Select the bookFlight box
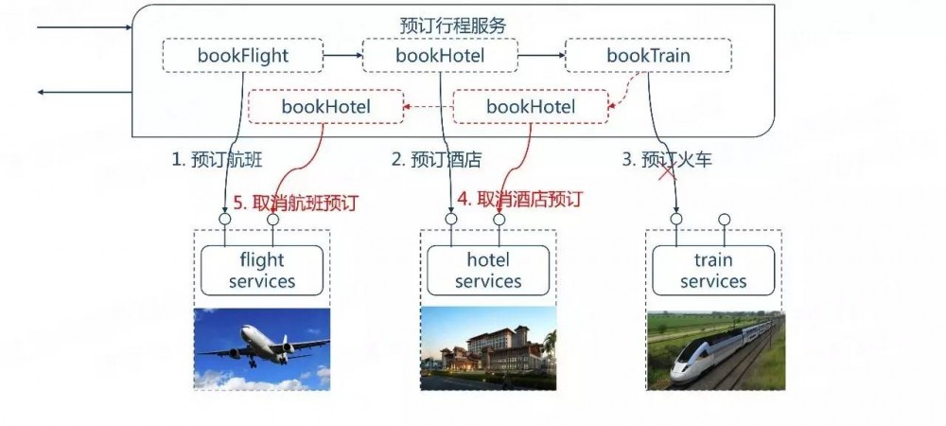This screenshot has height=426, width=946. tap(243, 56)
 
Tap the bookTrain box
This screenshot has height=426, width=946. tap(648, 56)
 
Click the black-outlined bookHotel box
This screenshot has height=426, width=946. tap(440, 56)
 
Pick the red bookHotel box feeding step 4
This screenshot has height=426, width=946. tap(530, 107)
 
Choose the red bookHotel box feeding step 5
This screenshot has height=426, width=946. tap(325, 107)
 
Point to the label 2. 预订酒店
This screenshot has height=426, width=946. tap(436, 160)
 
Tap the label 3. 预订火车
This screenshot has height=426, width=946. tap(666, 160)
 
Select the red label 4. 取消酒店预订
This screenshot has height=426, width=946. tap(519, 199)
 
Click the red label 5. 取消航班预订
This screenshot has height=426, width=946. tap(296, 202)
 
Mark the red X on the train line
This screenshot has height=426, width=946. tap(669, 172)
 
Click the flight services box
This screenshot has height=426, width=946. tap(262, 270)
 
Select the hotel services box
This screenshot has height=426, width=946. tap(488, 270)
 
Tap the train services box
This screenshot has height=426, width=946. tap(713, 270)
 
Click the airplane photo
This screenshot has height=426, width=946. tap(262, 349)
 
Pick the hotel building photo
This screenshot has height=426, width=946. tap(488, 349)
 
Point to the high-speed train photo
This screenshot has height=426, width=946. tap(715, 349)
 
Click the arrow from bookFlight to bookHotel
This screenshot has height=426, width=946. tap(342, 56)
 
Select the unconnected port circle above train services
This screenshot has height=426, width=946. tap(724, 220)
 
